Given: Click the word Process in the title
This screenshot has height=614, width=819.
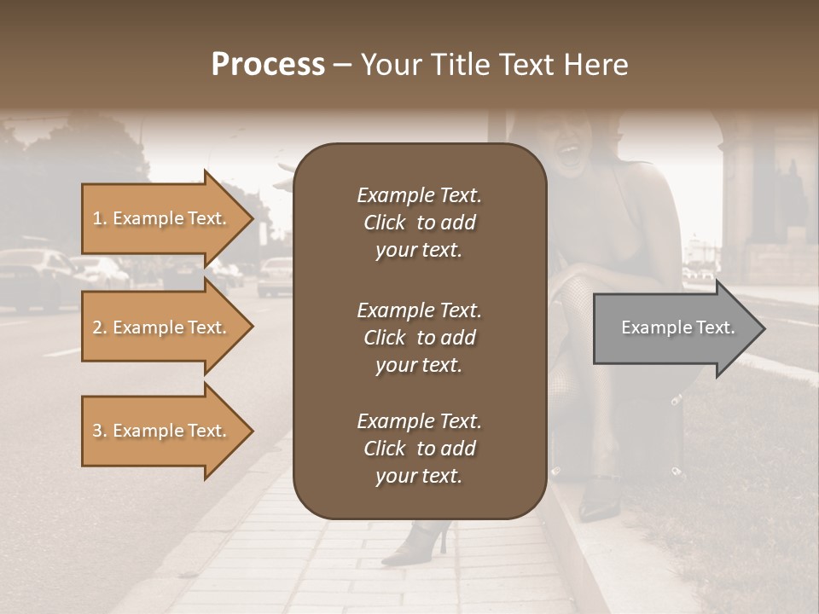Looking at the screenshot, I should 268,65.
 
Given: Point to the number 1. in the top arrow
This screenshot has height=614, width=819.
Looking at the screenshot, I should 100,218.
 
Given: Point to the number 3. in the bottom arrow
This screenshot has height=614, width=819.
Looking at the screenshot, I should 100,431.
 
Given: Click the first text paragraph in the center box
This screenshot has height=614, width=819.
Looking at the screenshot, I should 419,223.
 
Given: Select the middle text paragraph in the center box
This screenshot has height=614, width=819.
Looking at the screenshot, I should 419,338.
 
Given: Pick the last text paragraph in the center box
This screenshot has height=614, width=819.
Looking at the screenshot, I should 419,449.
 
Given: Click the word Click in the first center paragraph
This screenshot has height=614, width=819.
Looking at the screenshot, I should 385,223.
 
